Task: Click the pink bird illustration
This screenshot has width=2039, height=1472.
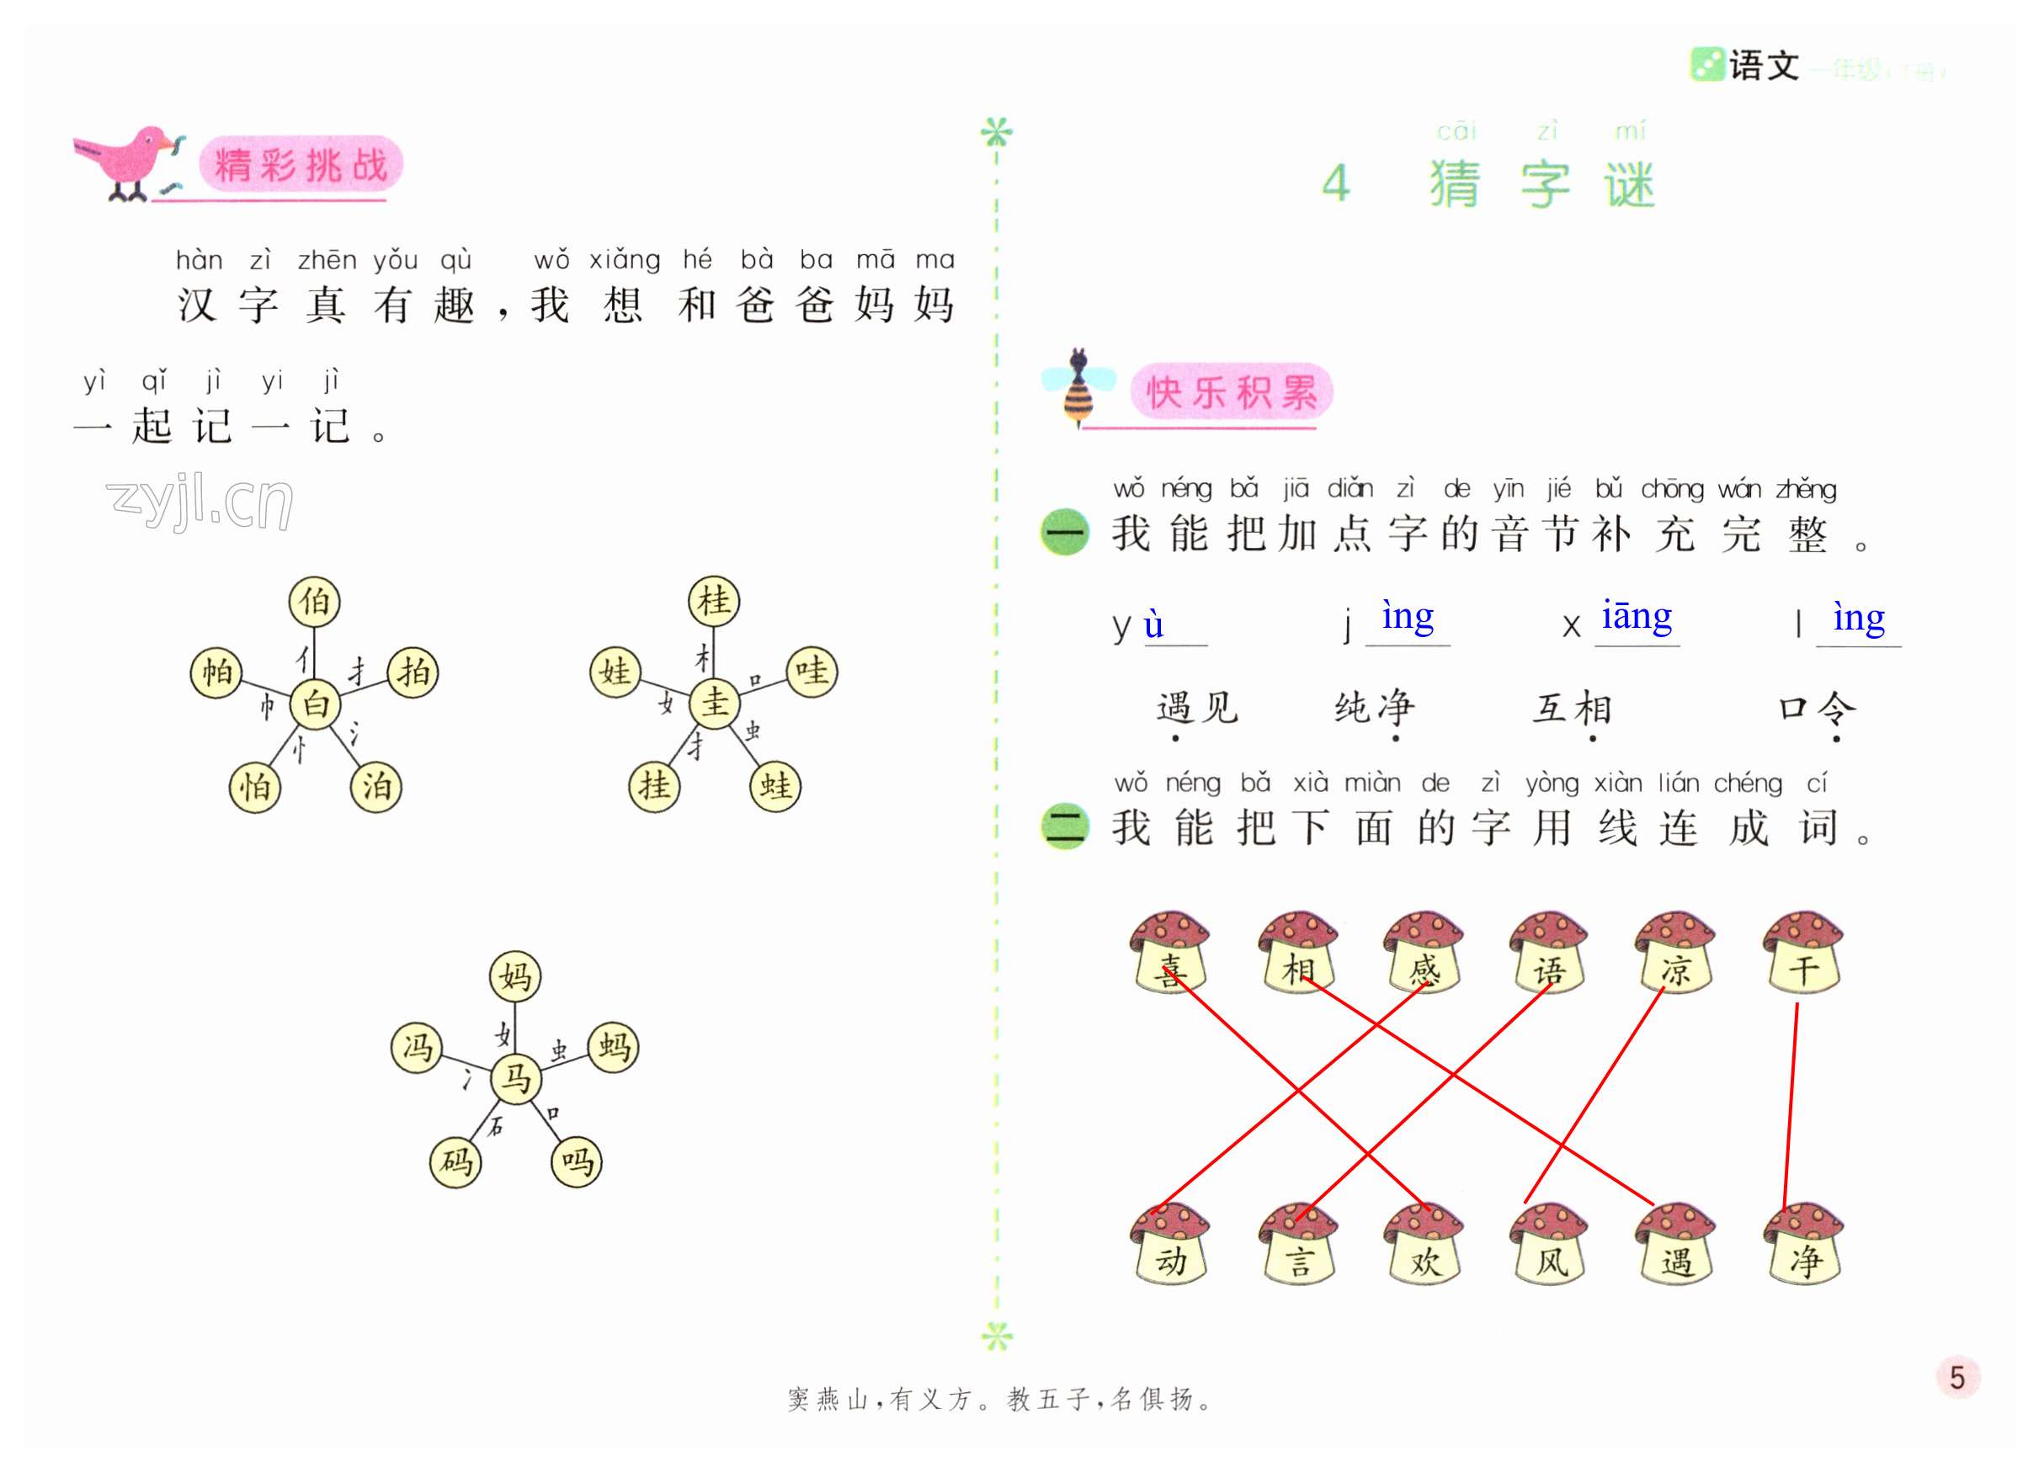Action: pyautogui.click(x=130, y=162)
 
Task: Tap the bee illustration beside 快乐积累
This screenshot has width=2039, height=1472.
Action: pyautogui.click(x=1078, y=388)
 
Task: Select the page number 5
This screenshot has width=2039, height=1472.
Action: pyautogui.click(x=1957, y=1377)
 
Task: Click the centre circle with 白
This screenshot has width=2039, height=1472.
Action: pyautogui.click(x=316, y=703)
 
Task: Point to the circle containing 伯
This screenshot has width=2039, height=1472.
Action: pyautogui.click(x=315, y=601)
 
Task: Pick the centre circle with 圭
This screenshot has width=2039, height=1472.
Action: pyautogui.click(x=715, y=702)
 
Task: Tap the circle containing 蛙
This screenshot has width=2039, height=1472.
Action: pyautogui.click(x=775, y=786)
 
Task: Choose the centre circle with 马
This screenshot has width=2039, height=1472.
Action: pyautogui.click(x=516, y=1077)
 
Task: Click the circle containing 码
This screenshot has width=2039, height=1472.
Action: pyautogui.click(x=455, y=1162)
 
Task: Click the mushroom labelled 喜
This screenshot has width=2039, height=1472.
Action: pyautogui.click(x=1170, y=954)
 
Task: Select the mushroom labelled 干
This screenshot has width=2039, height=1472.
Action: pyautogui.click(x=1803, y=954)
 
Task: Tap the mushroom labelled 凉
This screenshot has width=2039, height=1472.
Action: pyautogui.click(x=1676, y=954)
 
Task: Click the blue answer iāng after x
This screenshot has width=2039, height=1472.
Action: pyautogui.click(x=1637, y=616)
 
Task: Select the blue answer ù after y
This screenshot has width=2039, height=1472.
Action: pyautogui.click(x=1153, y=624)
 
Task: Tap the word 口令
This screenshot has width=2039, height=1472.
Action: pyautogui.click(x=1817, y=708)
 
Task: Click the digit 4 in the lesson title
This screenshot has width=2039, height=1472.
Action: pyautogui.click(x=1336, y=183)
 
